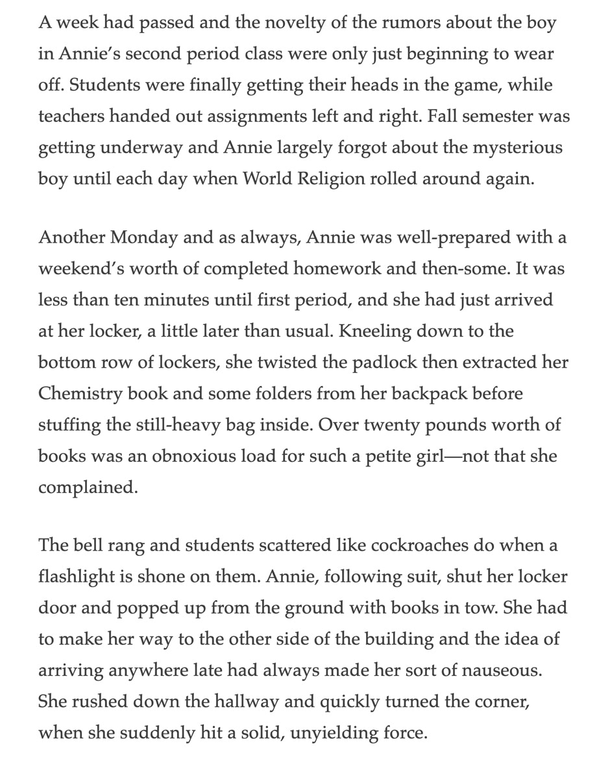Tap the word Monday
(x=144, y=237)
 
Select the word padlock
(x=385, y=362)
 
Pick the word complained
(x=88, y=487)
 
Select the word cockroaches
(x=419, y=546)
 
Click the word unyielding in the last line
(x=334, y=734)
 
